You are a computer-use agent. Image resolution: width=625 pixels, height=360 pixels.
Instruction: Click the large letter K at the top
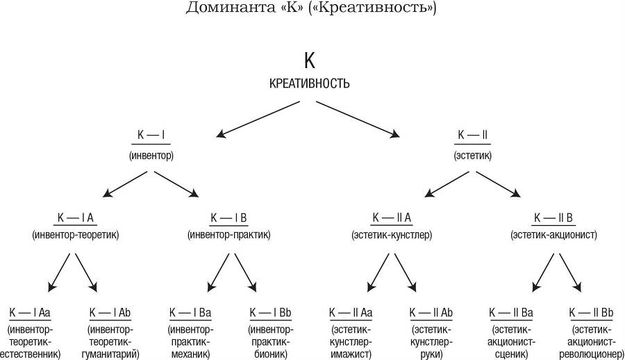pos(309,60)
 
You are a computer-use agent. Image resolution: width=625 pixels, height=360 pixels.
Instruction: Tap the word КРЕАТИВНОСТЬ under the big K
pos(309,84)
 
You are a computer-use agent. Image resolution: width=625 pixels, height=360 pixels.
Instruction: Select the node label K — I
pos(151,135)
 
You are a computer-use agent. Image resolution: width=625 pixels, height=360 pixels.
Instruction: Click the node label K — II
pos(472,135)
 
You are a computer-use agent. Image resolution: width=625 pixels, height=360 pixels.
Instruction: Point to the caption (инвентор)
pos(151,155)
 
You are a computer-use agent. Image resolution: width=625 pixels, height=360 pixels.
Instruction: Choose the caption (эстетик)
pos(472,155)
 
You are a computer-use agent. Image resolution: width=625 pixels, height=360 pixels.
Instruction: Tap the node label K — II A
pos(392,218)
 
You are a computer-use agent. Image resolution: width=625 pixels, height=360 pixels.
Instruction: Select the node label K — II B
pos(553,218)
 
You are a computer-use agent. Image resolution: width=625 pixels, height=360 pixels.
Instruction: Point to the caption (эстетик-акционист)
pos(553,236)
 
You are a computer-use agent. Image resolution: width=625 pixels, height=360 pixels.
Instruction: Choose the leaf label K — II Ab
pos(431,312)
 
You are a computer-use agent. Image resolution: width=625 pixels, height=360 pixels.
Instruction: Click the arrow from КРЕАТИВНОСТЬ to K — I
pos(258,118)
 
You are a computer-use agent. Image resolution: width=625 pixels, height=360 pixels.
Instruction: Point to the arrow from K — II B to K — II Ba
pos(544,272)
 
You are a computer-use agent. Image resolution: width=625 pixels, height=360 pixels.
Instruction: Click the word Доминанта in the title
pos(226,10)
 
